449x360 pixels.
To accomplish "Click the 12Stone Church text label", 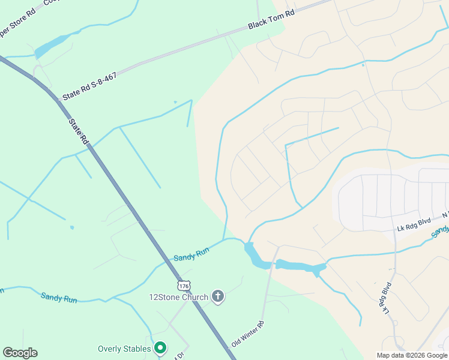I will (178, 297).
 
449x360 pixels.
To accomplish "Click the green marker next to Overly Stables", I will (160, 348).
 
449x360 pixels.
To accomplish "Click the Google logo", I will (20, 352).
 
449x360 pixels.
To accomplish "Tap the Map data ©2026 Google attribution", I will (411, 355).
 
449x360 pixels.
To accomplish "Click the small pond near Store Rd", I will (53, 46).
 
